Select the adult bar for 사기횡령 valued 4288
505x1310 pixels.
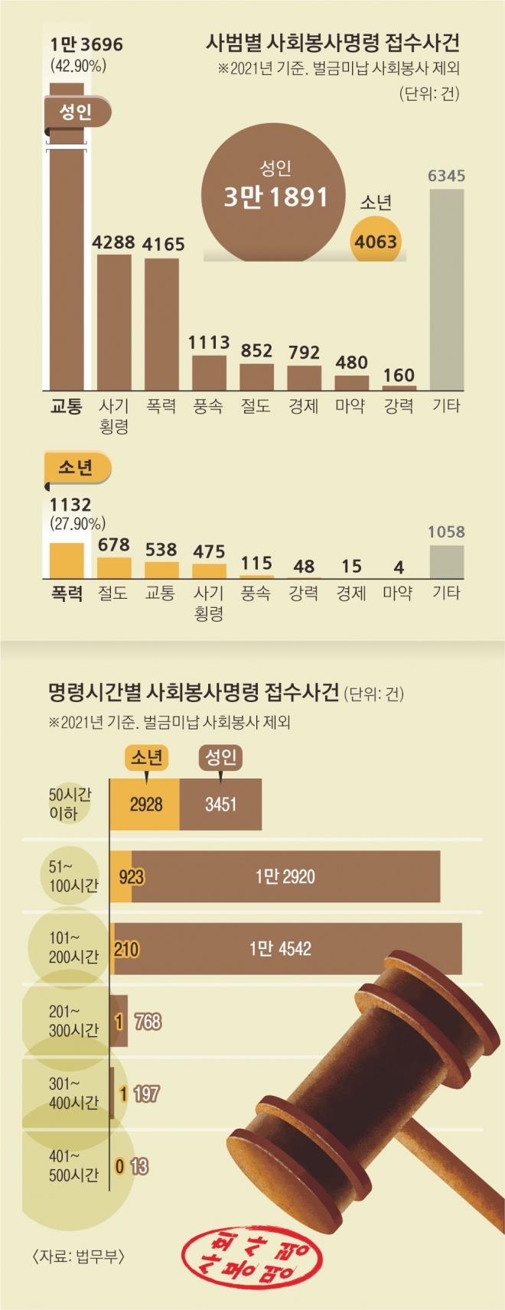(x=114, y=322)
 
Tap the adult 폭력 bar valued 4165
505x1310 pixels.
(x=161, y=324)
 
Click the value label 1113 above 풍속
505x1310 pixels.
(x=209, y=342)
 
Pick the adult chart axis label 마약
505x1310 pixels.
(x=350, y=406)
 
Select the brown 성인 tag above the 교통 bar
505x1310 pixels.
(x=76, y=113)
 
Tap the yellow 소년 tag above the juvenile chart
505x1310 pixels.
(x=76, y=467)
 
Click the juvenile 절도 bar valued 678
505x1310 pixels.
(x=114, y=567)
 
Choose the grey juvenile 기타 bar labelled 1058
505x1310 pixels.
(x=447, y=561)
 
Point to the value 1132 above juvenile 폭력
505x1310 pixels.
(x=70, y=505)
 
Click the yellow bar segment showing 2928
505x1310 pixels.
(x=145, y=805)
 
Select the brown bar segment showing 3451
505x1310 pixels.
(x=221, y=805)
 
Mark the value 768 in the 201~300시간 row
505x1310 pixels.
(x=148, y=1022)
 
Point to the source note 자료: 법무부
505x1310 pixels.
(x=78, y=1256)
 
